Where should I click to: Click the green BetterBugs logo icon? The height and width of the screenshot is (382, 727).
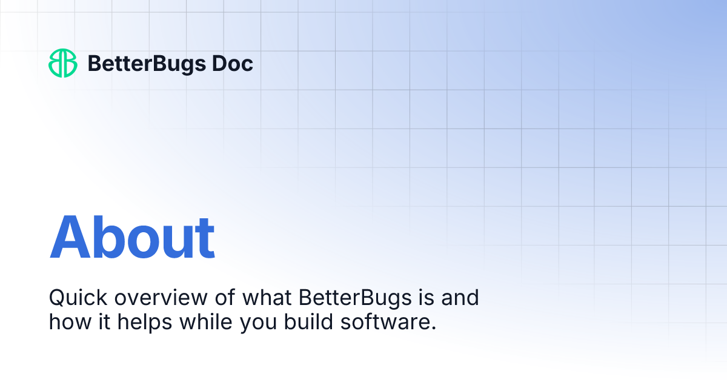point(63,63)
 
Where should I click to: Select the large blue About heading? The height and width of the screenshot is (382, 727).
point(132,237)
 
